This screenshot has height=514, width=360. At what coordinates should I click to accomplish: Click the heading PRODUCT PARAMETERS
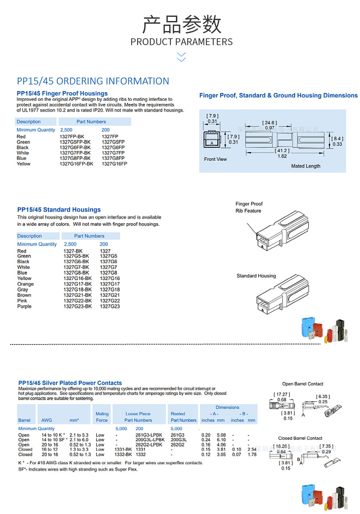point(181,42)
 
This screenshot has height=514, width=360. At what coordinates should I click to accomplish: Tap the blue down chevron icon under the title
point(181,57)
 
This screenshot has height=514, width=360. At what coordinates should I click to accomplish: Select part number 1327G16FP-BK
point(76,164)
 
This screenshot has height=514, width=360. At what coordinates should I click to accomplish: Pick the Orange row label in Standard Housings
point(26,284)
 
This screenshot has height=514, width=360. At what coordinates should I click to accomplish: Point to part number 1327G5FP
point(113,142)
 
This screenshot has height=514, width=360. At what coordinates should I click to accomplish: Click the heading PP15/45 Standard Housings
point(59,210)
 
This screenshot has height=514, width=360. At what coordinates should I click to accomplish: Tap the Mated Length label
point(305,166)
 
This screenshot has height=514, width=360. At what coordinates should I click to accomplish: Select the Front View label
point(215,159)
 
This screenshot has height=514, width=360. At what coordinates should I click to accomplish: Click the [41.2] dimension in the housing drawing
point(282,150)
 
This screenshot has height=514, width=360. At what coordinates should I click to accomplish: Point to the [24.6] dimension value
point(269,123)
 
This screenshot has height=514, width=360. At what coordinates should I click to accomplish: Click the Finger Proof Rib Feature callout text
point(249,207)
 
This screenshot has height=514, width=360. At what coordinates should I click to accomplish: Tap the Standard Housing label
point(256,276)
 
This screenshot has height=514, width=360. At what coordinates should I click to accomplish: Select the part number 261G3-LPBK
point(149,435)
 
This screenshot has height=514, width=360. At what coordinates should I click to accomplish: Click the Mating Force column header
point(102,417)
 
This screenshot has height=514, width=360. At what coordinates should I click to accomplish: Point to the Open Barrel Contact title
point(303,384)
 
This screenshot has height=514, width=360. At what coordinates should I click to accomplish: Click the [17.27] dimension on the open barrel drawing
point(282,395)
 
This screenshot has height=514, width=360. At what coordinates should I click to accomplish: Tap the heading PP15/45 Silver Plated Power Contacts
point(70,383)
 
